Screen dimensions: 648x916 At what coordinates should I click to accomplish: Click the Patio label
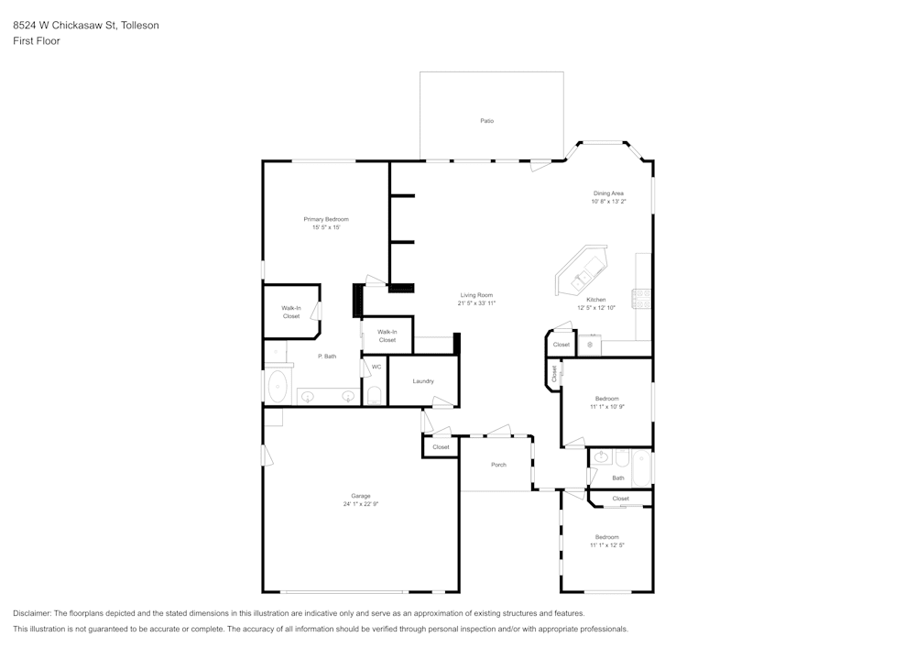pos(487,121)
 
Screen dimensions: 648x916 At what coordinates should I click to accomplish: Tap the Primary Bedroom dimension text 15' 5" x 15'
pos(326,227)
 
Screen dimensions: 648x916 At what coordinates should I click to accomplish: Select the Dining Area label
pos(608,193)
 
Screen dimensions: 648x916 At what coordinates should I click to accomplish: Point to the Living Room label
pos(476,295)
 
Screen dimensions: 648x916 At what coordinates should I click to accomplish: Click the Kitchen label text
pos(595,300)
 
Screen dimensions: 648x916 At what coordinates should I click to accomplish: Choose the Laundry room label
pos(422,381)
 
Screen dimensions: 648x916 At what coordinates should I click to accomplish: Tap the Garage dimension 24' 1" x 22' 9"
pos(361,504)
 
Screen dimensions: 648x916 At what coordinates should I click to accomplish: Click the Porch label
pos(498,465)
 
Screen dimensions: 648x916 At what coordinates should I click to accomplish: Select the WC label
pos(376,367)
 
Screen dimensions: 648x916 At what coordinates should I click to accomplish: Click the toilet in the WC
pos(374,395)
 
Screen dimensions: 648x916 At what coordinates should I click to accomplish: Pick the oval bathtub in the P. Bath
pos(278,387)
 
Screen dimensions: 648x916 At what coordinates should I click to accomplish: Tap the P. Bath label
pos(327,356)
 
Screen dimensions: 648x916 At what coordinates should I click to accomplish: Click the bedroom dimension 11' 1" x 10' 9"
pos(607,406)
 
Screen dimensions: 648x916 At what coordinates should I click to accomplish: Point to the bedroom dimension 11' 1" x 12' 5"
pos(607,544)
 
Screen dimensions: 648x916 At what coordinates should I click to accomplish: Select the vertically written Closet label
pos(553,374)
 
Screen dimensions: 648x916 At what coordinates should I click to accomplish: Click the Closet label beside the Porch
pos(441,447)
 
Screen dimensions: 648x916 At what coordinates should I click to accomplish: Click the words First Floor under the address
pos(37,41)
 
